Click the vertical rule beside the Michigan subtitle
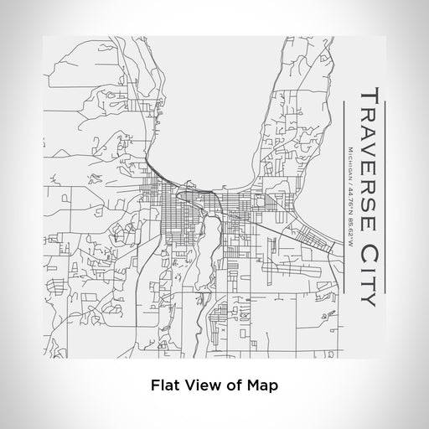coord(345,194)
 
